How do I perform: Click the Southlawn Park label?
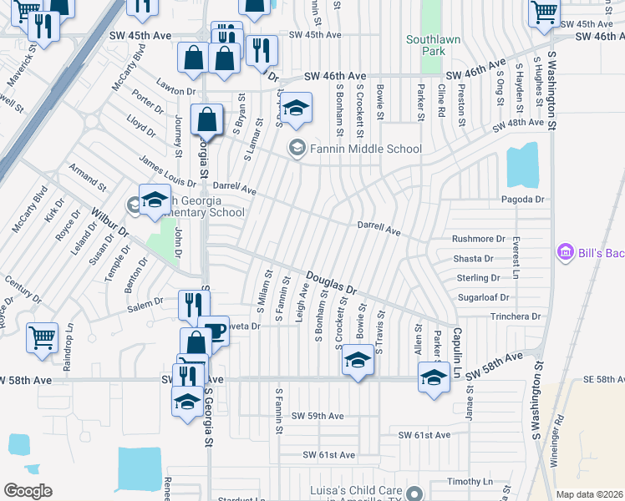(x=429, y=45)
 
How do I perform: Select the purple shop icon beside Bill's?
(x=564, y=251)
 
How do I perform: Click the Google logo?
(x=28, y=491)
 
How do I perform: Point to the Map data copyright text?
(x=590, y=494)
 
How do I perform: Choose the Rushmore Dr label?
(x=479, y=239)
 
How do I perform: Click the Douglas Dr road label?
(x=331, y=284)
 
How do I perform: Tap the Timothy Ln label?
(x=470, y=482)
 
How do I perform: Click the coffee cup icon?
(x=215, y=331)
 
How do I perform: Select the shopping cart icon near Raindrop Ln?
(x=42, y=337)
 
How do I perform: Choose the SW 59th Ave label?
(x=318, y=416)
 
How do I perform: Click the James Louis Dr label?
(x=167, y=176)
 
